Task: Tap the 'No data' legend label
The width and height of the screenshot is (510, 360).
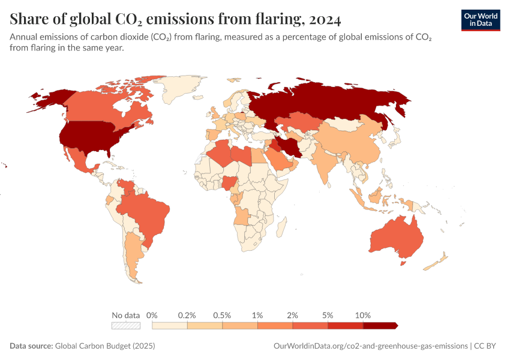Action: (x=125, y=315)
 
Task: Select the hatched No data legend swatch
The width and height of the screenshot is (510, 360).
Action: (x=125, y=325)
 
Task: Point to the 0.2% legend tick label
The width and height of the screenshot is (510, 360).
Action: (x=187, y=315)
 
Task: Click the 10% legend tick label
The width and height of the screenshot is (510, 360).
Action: (x=363, y=315)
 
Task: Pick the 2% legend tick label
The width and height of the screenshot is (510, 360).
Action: (x=293, y=315)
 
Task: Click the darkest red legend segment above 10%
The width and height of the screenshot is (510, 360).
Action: (x=379, y=325)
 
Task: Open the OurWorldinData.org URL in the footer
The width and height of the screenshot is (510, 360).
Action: (x=370, y=346)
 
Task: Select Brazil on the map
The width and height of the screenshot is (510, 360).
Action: (x=147, y=213)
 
